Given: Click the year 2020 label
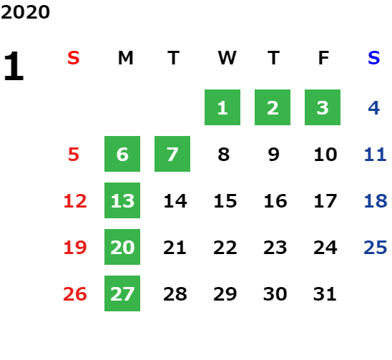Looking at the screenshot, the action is tap(25, 12).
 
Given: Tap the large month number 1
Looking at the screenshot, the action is tap(14, 66).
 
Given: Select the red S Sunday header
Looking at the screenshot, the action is tap(74, 58).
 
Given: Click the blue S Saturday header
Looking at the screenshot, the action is tap(374, 58).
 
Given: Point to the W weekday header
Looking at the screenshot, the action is tap(227, 58).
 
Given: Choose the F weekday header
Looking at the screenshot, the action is tap(324, 58).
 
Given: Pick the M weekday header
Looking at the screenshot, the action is tap(125, 58).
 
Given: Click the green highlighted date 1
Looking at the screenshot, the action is tap(222, 107).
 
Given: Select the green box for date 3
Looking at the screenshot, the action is tap(323, 107).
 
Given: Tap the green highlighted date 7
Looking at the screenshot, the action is tap(172, 154).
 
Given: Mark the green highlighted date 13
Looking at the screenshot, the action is tap(122, 200).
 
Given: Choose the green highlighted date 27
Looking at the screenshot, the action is tap(122, 293).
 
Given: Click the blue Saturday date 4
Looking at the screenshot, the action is tap(374, 108).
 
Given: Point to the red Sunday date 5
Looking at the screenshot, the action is tap(74, 155).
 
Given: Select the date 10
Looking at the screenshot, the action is tap(325, 155).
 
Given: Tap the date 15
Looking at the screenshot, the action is tap(225, 201).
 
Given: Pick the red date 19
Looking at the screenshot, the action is tap(75, 248).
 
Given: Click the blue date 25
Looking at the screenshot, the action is tap(376, 248).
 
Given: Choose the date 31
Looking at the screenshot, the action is tap(325, 294).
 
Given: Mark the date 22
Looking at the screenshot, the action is tap(225, 248).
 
